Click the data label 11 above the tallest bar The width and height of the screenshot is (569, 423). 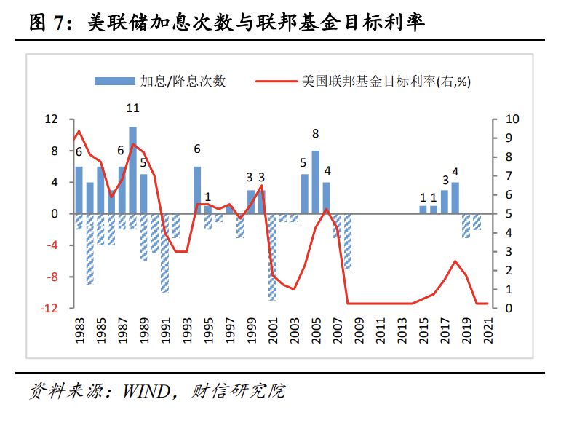[132, 108]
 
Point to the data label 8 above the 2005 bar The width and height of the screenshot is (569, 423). [315, 133]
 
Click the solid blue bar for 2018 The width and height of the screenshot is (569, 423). [455, 198]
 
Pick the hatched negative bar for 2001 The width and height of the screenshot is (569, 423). [273, 256]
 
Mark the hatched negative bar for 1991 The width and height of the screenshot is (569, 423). [165, 253]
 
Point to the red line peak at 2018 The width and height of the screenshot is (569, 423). [455, 261]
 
